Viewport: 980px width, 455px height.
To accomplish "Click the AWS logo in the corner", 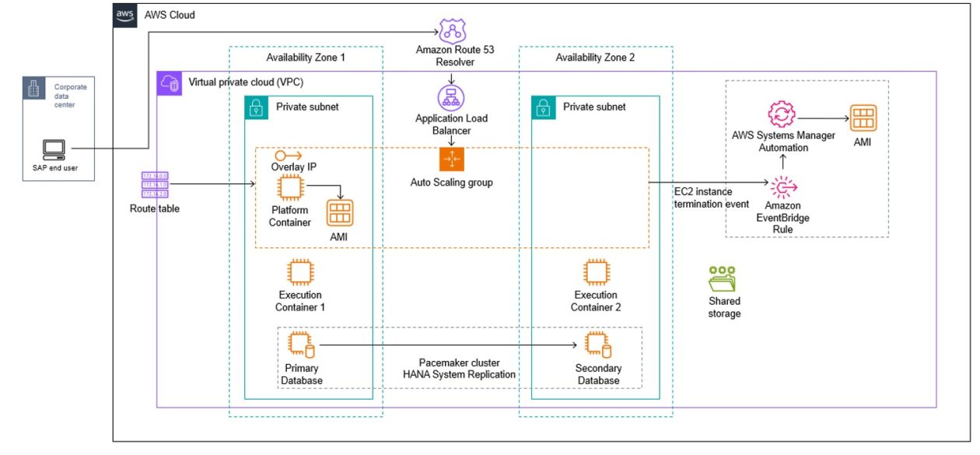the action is pyautogui.click(x=125, y=16).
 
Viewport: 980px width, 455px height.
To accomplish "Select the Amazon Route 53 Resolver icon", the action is pyautogui.click(x=453, y=30).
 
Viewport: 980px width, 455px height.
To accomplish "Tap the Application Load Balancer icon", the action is pyautogui.click(x=451, y=98).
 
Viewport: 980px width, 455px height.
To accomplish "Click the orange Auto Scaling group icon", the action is pyautogui.click(x=451, y=159).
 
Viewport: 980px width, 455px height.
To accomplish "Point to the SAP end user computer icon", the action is pyautogui.click(x=54, y=150).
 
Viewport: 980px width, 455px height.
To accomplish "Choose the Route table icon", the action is pyautogui.click(x=155, y=184).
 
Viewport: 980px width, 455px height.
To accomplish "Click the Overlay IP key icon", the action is pyautogui.click(x=289, y=156).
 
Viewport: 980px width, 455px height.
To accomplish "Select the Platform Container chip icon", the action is pyautogui.click(x=291, y=187).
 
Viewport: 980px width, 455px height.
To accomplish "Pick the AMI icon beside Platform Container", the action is pyautogui.click(x=340, y=213).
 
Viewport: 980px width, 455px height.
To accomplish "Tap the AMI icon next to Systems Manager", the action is pyautogui.click(x=863, y=118).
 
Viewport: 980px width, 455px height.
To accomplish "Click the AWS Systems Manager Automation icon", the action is pyautogui.click(x=782, y=114).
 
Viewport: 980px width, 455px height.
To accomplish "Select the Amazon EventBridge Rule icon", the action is pyautogui.click(x=783, y=187).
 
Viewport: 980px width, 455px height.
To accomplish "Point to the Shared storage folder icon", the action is pyautogui.click(x=723, y=279).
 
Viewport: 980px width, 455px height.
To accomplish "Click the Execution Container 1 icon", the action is pyautogui.click(x=300, y=272).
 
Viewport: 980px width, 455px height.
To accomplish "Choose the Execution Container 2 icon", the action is pyautogui.click(x=597, y=272).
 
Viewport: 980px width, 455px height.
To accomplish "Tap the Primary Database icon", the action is pyautogui.click(x=301, y=345).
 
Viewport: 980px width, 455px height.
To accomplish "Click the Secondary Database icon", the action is pyautogui.click(x=598, y=345).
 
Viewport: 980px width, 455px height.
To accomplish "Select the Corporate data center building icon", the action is pyautogui.click(x=33, y=89).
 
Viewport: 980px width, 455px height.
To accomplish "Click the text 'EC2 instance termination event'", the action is pyautogui.click(x=712, y=198).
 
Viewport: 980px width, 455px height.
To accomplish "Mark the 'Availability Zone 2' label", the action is pyautogui.click(x=595, y=58).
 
